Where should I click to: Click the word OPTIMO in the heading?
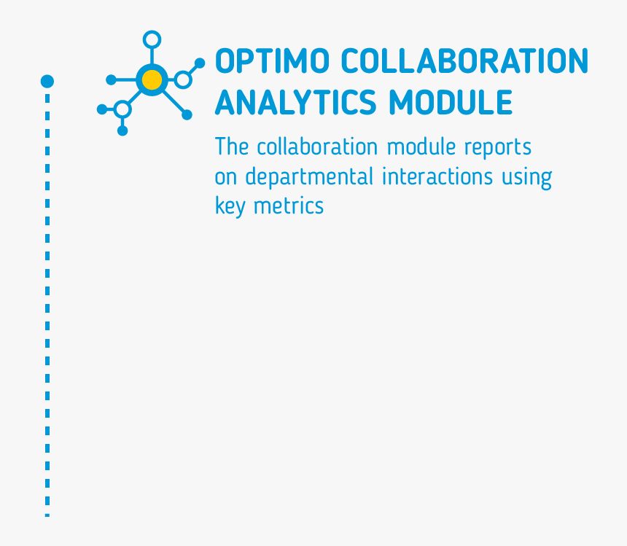tap(273, 61)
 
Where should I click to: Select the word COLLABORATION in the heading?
tap(464, 61)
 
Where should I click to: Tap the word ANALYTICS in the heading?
tap(296, 102)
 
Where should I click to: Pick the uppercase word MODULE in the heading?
tap(451, 102)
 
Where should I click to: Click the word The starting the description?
tap(232, 147)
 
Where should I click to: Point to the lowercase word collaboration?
tap(317, 147)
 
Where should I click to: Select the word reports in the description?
tap(498, 148)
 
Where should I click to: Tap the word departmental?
tap(309, 176)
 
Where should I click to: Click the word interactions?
tap(437, 176)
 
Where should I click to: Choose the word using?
tap(527, 179)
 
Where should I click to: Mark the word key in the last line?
tap(230, 206)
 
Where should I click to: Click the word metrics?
tap(289, 206)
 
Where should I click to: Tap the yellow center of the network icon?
tap(152, 80)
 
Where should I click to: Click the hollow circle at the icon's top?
tap(152, 32)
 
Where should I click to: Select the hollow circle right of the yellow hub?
tap(183, 72)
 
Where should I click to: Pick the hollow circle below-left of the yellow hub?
tap(122, 101)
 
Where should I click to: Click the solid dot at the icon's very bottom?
tap(122, 130)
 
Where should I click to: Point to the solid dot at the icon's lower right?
tap(187, 114)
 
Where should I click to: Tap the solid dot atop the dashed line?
tap(47, 81)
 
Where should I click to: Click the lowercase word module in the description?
tap(421, 147)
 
